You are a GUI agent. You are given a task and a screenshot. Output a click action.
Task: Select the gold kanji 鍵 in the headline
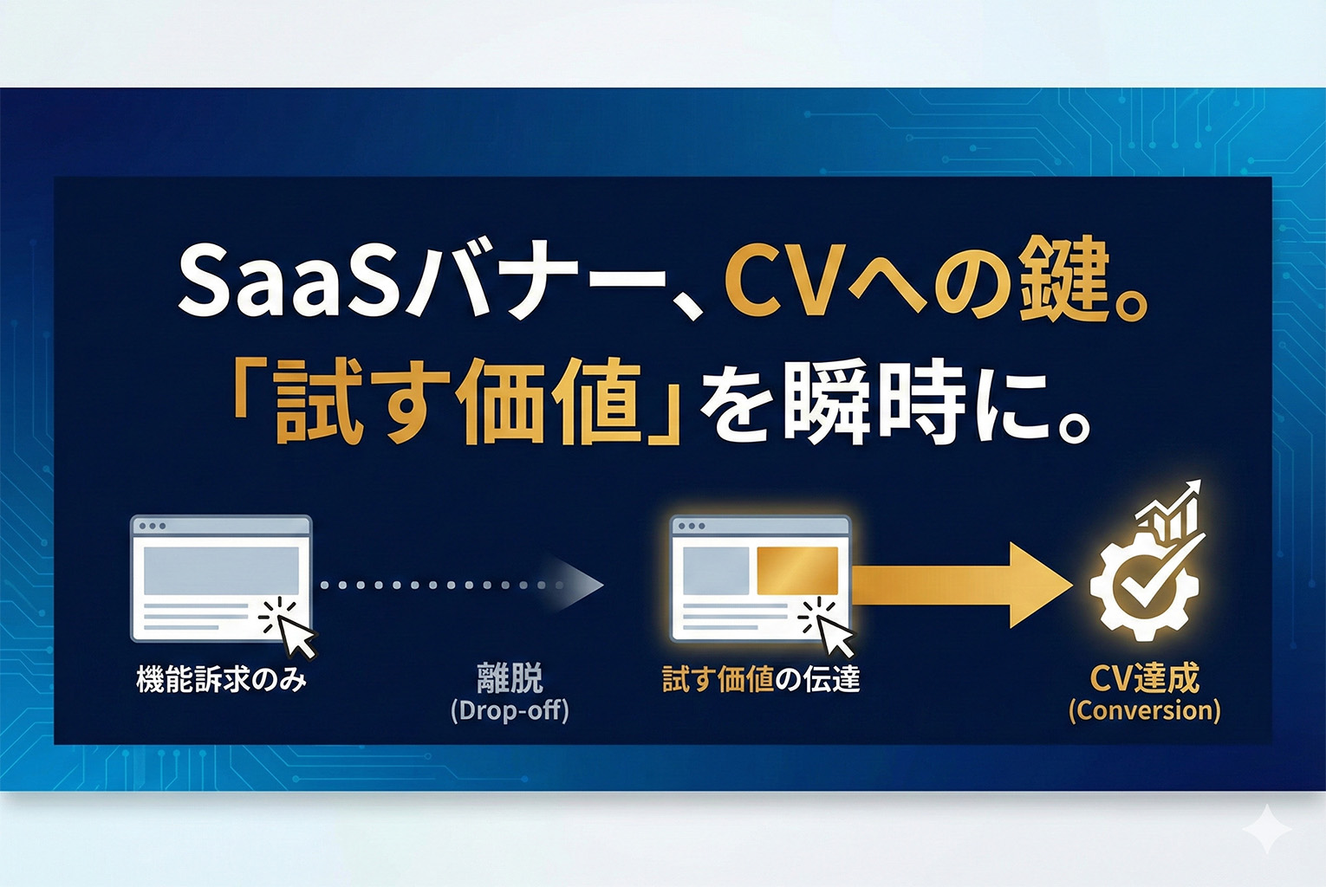1064,282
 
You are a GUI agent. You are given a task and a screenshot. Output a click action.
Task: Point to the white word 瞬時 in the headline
874,403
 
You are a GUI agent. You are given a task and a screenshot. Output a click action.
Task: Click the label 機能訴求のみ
221,679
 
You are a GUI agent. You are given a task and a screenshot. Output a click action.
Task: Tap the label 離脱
510,677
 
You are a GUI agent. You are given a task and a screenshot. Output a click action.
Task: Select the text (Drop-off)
510,711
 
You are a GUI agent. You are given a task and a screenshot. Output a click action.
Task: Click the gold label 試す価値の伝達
761,679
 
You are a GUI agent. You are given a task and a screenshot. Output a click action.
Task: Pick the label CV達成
1144,677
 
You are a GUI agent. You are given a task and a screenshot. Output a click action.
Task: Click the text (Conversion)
1144,711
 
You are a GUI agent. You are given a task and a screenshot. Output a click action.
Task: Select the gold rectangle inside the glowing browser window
797,571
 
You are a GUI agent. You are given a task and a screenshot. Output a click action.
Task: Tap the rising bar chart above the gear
1170,511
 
